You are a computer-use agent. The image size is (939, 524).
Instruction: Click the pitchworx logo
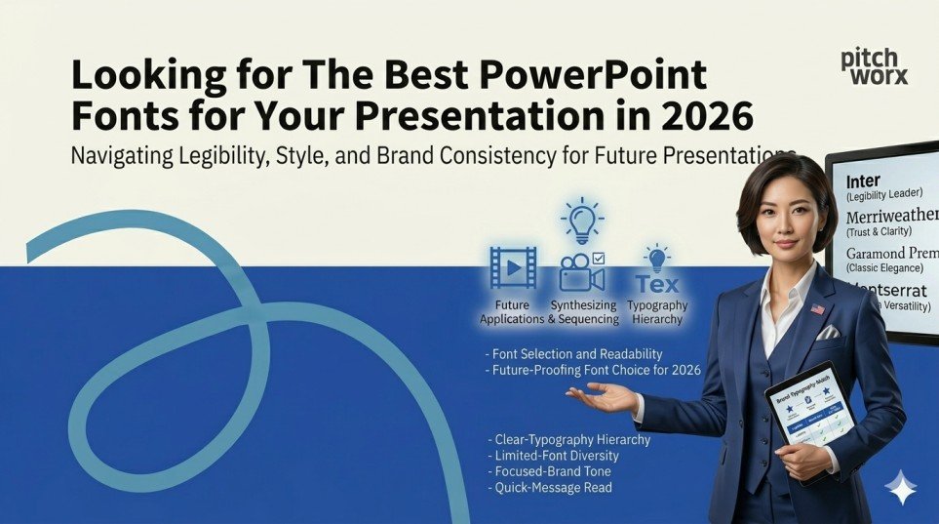coord(874,66)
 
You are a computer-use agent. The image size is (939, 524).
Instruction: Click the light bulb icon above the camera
coord(583,221)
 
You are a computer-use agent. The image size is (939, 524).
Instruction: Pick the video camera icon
coord(581,274)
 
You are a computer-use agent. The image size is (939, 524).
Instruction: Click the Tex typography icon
coord(656,283)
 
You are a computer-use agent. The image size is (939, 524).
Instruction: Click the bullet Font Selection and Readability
coord(573,353)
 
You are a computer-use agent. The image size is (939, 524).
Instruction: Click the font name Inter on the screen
coord(863,181)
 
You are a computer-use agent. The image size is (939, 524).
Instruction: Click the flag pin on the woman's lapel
coord(817,309)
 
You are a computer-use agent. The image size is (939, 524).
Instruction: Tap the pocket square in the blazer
coord(827,332)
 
